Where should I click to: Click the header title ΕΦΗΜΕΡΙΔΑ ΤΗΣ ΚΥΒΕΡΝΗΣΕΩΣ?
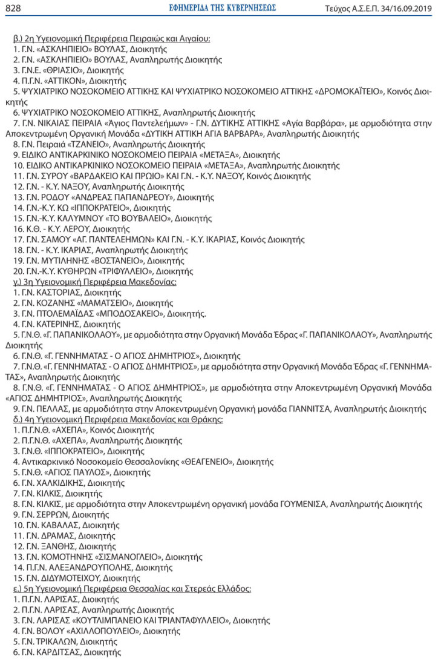coord(222,8)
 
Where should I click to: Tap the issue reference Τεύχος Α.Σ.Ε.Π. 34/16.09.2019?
coord(379,8)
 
